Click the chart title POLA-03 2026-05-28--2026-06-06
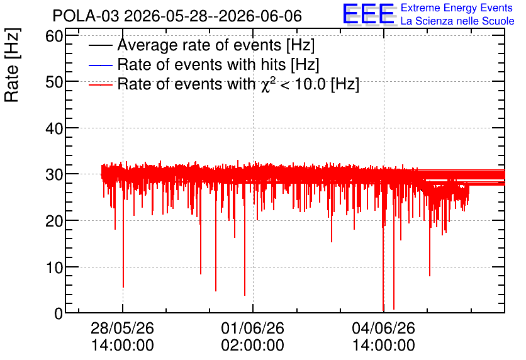coord(177,16)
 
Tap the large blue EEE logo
coord(369,14)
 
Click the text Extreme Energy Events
coord(457,8)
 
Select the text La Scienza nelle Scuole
coord(457,21)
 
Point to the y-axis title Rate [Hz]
coord(12,65)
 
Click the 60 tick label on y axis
coord(54,36)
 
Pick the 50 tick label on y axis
coord(54,82)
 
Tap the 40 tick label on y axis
coord(54,128)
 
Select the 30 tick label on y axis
coord(54,174)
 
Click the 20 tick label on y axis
coord(54,221)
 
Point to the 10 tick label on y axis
coord(54,267)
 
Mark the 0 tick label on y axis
coord(59,313)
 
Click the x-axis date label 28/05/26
coord(123,328)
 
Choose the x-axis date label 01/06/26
coord(252,328)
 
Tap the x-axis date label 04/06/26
coord(383,328)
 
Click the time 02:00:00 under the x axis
coord(252,346)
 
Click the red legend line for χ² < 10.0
coord(100,85)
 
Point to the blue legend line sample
coord(100,65)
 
